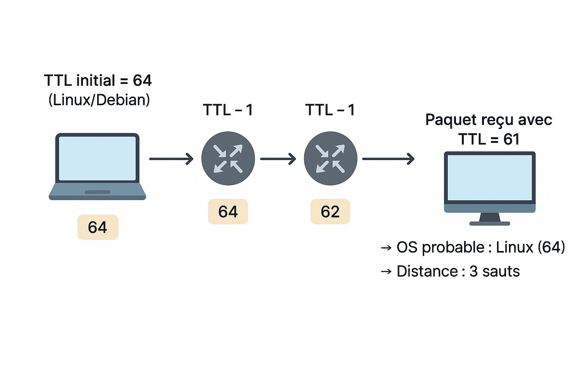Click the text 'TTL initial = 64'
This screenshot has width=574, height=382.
(x=98, y=81)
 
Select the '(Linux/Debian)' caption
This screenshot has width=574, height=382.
(x=99, y=100)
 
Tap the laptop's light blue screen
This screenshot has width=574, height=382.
(x=98, y=159)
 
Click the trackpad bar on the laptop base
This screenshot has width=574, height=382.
(x=98, y=192)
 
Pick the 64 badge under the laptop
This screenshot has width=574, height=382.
(x=98, y=227)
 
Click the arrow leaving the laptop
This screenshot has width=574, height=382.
(x=171, y=159)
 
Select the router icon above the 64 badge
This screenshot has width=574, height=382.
(x=228, y=159)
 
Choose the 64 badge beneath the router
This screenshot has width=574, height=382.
(x=228, y=212)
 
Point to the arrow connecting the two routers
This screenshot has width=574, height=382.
(x=278, y=159)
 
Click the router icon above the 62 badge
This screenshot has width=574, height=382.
(x=330, y=159)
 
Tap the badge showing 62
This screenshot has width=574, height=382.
(x=330, y=212)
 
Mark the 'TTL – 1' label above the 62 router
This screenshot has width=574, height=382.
(x=330, y=110)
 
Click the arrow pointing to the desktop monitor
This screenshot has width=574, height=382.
(x=388, y=159)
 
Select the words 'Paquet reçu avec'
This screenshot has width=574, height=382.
(x=488, y=120)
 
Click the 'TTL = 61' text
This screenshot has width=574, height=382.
(x=489, y=140)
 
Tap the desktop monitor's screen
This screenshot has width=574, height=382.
(x=490, y=178)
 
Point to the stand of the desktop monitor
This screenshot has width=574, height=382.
(x=490, y=219)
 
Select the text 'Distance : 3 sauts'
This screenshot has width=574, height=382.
(x=458, y=272)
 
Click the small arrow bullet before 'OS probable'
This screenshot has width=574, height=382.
(x=386, y=248)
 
